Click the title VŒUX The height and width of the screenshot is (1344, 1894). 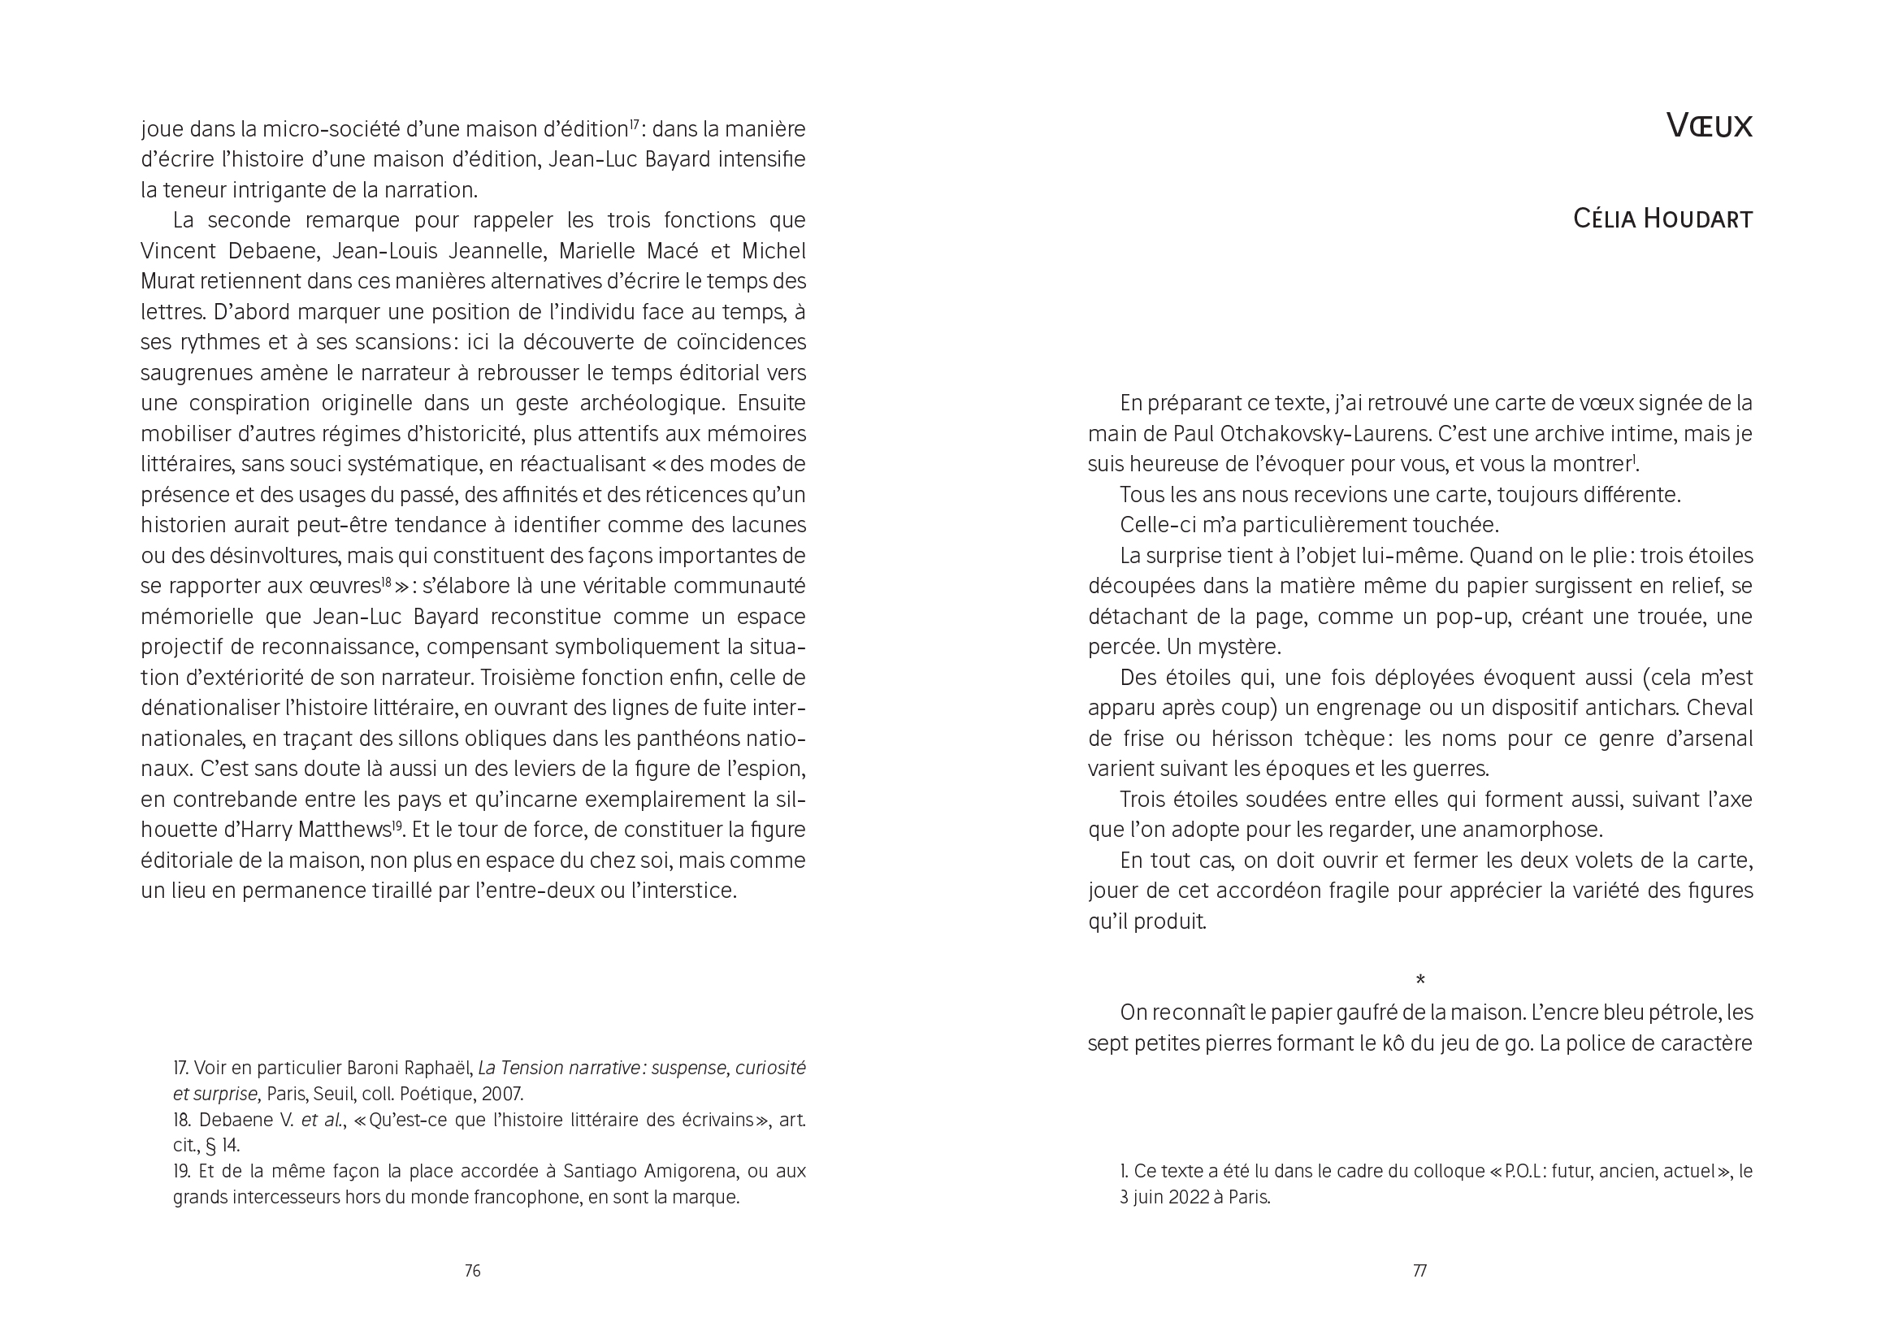(1709, 127)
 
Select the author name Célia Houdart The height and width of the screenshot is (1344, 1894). (1662, 219)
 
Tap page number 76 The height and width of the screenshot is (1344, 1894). (472, 1270)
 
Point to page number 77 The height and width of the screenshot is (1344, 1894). (1419, 1270)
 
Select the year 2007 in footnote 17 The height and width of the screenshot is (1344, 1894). (501, 1093)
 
